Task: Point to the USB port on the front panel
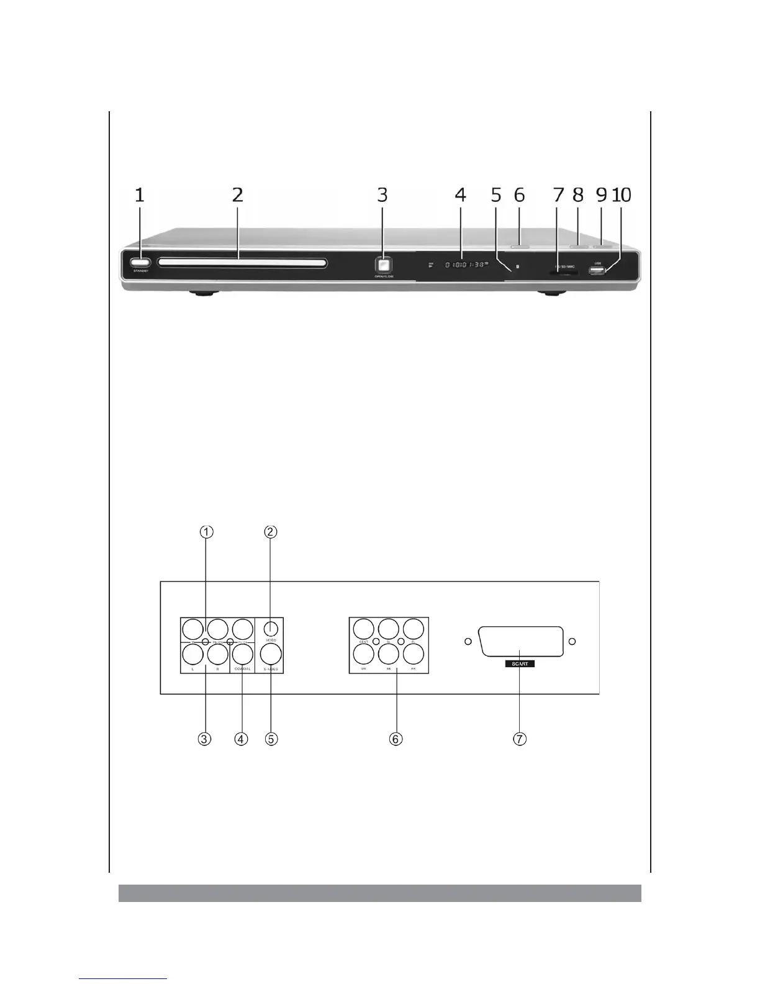(597, 271)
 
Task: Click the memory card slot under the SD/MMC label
(563, 272)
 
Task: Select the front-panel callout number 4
(459, 195)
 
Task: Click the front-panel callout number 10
(622, 195)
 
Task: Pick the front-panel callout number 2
(237, 195)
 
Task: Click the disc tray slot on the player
(242, 263)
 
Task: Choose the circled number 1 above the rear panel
(207, 532)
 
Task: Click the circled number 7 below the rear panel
(520, 739)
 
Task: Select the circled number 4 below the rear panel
(241, 739)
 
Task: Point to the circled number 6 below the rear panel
(396, 739)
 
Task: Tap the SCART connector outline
(520, 641)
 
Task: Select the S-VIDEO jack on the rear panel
(271, 654)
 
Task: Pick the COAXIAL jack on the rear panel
(242, 654)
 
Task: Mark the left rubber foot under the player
(202, 294)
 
